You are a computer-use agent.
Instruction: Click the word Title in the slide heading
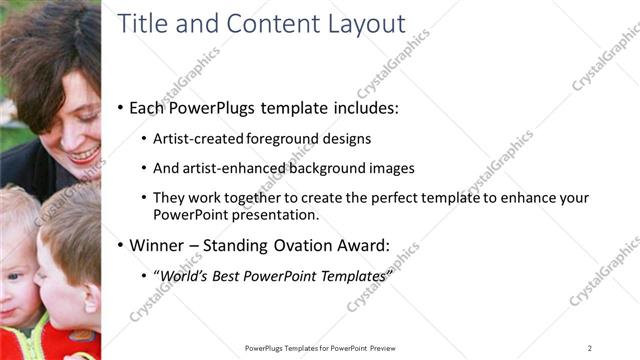pyautogui.click(x=143, y=24)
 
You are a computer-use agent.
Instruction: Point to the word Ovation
pyautogui.click(x=308, y=244)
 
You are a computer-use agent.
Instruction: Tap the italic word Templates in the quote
pyautogui.click(x=351, y=275)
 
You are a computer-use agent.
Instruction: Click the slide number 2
pyautogui.click(x=590, y=347)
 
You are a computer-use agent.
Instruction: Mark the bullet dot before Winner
pyautogui.click(x=122, y=245)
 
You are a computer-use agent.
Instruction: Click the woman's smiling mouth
pyautogui.click(x=84, y=155)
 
